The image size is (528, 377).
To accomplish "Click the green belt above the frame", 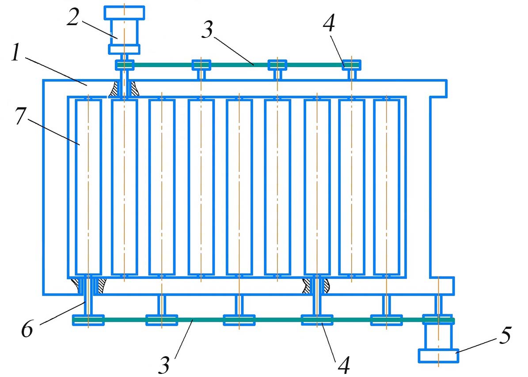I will [x=239, y=65].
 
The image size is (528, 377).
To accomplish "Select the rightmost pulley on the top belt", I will [x=351, y=65].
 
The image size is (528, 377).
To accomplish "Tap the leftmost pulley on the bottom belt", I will [x=88, y=320].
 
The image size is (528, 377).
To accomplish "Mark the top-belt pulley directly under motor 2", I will [x=125, y=65].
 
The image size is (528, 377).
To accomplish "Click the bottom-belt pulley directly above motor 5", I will [x=438, y=319].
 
